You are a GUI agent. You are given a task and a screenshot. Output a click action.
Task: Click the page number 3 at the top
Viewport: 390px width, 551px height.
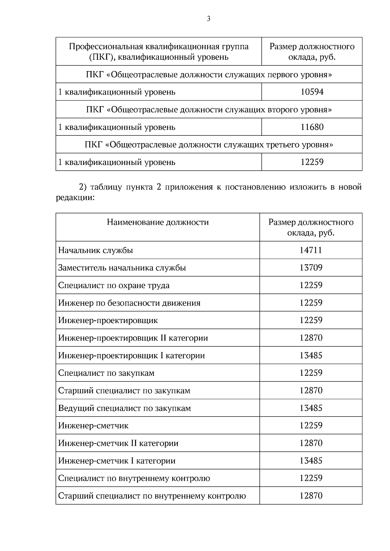tap(208, 19)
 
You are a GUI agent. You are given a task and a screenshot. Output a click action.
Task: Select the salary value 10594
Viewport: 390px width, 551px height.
tap(312, 92)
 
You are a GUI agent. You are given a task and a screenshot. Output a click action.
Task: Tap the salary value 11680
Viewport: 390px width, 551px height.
tap(312, 127)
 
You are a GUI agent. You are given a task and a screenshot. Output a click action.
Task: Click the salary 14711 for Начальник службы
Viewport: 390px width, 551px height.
tap(311, 250)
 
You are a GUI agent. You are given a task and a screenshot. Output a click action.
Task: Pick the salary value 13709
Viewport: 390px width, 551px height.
tap(311, 268)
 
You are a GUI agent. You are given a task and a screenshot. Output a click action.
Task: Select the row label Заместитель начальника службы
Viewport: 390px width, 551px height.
tap(122, 268)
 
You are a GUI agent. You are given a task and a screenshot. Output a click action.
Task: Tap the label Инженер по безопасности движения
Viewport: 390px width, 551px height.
tap(129, 303)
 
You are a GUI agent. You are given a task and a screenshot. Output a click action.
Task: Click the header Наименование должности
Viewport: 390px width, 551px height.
tap(158, 222)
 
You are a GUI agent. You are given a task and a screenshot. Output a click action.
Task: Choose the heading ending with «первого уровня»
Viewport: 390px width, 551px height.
tap(209, 75)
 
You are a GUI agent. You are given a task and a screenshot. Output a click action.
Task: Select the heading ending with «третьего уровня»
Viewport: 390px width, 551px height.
tap(209, 144)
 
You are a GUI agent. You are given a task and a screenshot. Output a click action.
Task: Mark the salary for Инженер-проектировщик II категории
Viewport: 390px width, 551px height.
tap(311, 338)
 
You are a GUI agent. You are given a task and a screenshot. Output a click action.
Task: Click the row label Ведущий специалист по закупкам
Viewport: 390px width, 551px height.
tap(124, 408)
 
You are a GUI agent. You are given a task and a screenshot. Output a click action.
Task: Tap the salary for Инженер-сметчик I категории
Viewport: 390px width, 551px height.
tap(311, 460)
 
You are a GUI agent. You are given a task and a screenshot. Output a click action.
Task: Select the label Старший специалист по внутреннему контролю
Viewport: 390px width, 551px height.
tap(152, 496)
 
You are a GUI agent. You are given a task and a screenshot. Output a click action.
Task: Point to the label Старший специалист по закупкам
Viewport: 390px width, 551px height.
tap(124, 391)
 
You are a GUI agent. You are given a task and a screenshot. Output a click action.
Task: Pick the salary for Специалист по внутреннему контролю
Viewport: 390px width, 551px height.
tap(311, 478)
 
